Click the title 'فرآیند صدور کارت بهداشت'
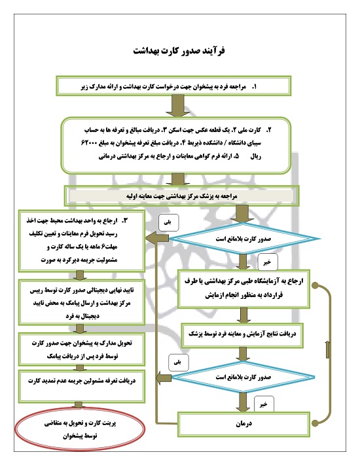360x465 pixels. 179,50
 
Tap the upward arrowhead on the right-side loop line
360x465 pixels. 327,351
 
